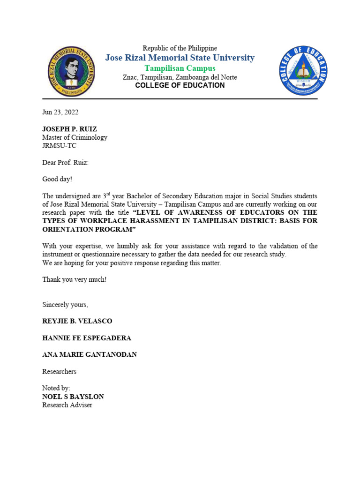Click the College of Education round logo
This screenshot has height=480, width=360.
point(303,70)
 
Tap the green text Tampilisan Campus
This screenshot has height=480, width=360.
point(180,68)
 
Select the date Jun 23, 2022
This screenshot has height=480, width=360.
point(60,112)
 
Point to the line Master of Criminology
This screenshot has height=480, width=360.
point(75,137)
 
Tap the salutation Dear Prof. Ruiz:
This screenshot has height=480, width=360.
point(65,162)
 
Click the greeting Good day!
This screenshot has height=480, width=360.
point(58,179)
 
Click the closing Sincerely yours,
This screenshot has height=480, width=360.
point(65,305)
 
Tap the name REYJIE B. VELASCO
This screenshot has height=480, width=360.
point(77,321)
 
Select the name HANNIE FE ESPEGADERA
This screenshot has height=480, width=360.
point(87,338)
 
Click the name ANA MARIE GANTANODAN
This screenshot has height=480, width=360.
point(90,354)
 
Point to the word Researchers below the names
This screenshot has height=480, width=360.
point(59,371)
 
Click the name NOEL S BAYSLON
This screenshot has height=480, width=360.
point(73,397)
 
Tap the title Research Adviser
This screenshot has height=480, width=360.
point(67,405)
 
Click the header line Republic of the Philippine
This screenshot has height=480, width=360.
point(180,48)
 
